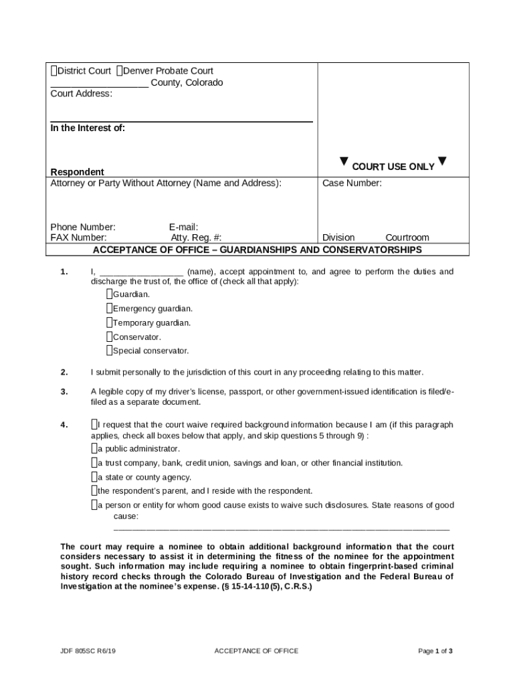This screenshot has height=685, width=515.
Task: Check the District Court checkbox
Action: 54,71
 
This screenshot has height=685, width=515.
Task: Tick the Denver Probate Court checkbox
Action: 119,71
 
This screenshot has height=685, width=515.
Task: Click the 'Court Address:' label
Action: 82,94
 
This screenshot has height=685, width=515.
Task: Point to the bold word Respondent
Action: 78,172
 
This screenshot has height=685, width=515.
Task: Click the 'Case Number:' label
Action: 352,183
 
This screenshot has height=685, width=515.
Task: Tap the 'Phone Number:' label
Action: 83,227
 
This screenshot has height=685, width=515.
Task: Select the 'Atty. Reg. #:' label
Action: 196,237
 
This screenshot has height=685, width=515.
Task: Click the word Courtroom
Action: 407,237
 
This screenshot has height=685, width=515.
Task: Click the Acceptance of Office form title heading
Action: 257,250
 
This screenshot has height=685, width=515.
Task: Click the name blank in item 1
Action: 141,272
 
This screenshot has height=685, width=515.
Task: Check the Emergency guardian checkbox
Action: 109,308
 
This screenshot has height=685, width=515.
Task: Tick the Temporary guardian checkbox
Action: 109,322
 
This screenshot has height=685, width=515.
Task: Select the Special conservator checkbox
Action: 109,351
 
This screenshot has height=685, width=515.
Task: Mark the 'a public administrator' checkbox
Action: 94,448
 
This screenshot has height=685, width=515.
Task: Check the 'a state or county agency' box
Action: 94,477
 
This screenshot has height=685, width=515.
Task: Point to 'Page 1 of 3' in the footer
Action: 435,651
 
